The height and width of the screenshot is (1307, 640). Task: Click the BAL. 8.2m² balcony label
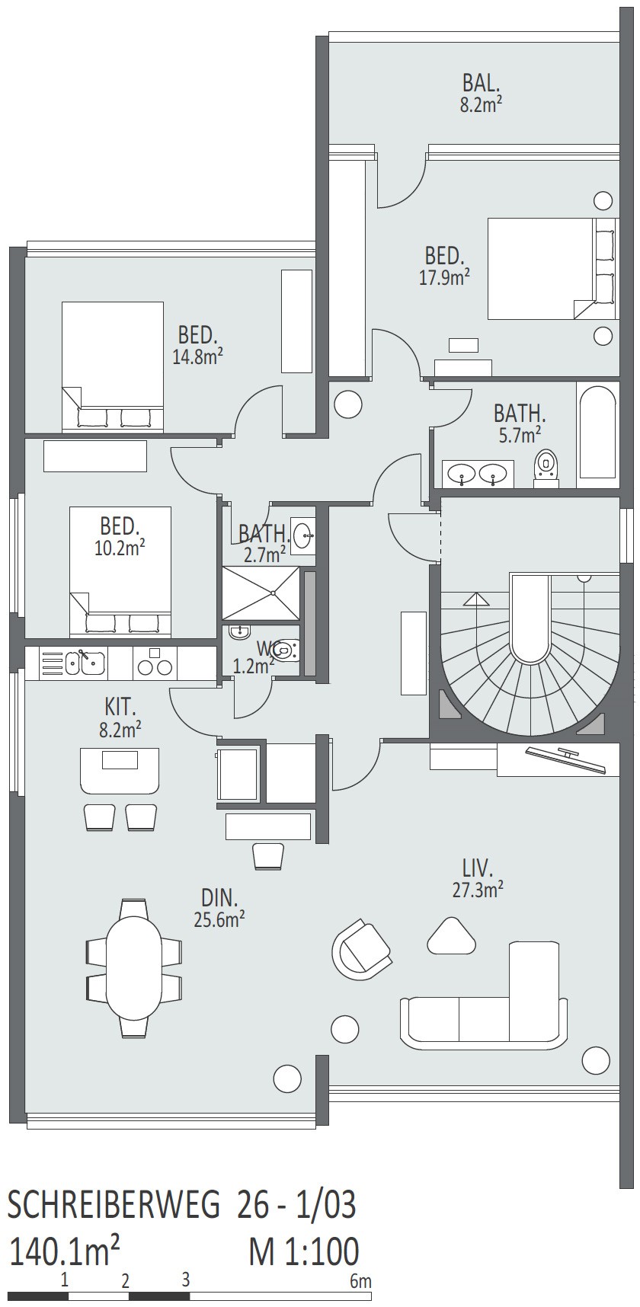(x=481, y=93)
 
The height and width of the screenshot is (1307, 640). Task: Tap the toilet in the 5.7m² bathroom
(x=546, y=466)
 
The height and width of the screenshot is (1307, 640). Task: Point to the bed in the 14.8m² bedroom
(x=113, y=364)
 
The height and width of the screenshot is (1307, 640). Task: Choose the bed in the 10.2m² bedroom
(x=120, y=571)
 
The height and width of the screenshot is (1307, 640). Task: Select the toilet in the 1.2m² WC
(x=283, y=650)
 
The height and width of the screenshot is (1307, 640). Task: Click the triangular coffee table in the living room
(x=452, y=936)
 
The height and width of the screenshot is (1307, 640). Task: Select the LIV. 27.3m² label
(x=478, y=877)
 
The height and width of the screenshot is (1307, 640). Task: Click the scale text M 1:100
(x=303, y=1251)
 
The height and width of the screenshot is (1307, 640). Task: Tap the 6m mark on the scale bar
(x=361, y=1281)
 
